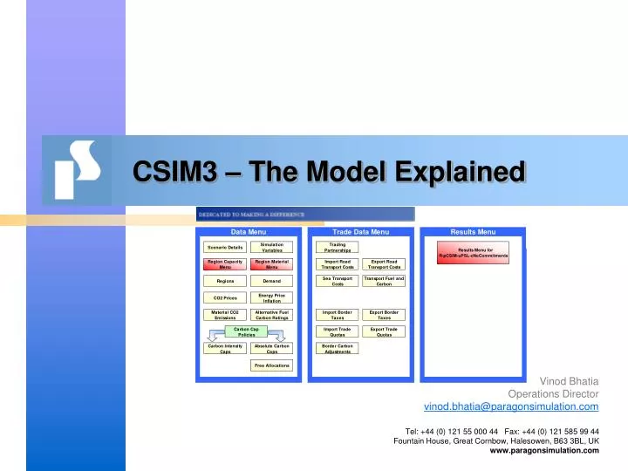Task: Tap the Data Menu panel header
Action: click(249, 232)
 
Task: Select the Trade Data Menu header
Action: click(361, 232)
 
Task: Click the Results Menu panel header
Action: click(474, 232)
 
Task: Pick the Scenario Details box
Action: click(225, 248)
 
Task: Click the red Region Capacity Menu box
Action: click(225, 264)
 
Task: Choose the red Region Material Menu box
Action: click(272, 264)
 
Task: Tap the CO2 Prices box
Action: click(225, 298)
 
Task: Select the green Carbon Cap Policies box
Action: click(247, 331)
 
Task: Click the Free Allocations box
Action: click(272, 365)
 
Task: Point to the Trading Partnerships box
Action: click(337, 248)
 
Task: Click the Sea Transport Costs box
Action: click(337, 281)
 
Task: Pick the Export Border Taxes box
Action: click(384, 315)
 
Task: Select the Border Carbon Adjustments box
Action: click(337, 348)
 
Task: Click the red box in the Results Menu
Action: click(474, 252)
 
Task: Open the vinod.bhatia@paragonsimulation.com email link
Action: click(511, 407)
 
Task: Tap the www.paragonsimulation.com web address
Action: click(544, 450)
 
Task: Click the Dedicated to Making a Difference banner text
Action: click(252, 214)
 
